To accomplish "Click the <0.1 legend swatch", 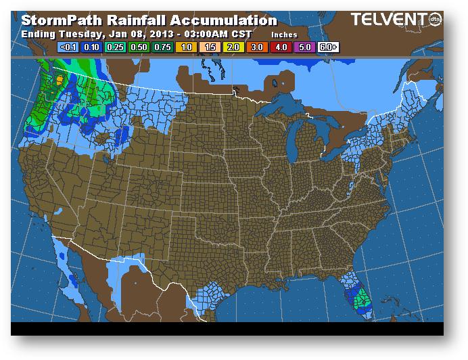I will [x=68, y=47].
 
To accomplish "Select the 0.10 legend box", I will [x=91, y=47].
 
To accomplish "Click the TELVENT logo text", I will [x=384, y=20].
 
